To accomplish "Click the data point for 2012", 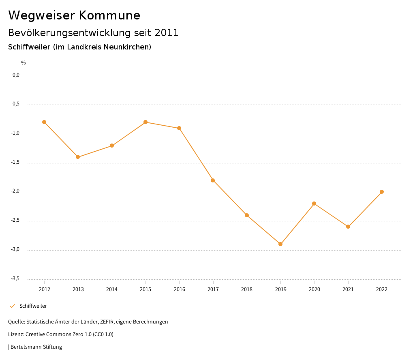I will (x=44, y=122).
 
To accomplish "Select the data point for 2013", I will (x=78, y=157).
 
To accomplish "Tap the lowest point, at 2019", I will (x=280, y=244).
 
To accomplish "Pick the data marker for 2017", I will (x=213, y=180).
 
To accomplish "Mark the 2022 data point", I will (x=382, y=192).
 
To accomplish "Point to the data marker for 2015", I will (x=145, y=122).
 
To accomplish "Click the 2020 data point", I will (x=314, y=204).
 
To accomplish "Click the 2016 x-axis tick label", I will (x=179, y=289).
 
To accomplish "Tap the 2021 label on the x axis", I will (x=348, y=289).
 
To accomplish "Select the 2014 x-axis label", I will (x=112, y=289).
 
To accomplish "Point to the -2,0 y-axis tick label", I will (x=15, y=191).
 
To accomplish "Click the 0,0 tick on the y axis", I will (x=16, y=75).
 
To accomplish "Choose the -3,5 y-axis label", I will (x=15, y=279).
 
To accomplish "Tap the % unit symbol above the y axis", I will (x=24, y=63).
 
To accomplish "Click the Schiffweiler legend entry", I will (x=33, y=306).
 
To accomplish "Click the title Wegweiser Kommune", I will (x=74, y=15).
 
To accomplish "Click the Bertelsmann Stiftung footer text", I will (x=36, y=347).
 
